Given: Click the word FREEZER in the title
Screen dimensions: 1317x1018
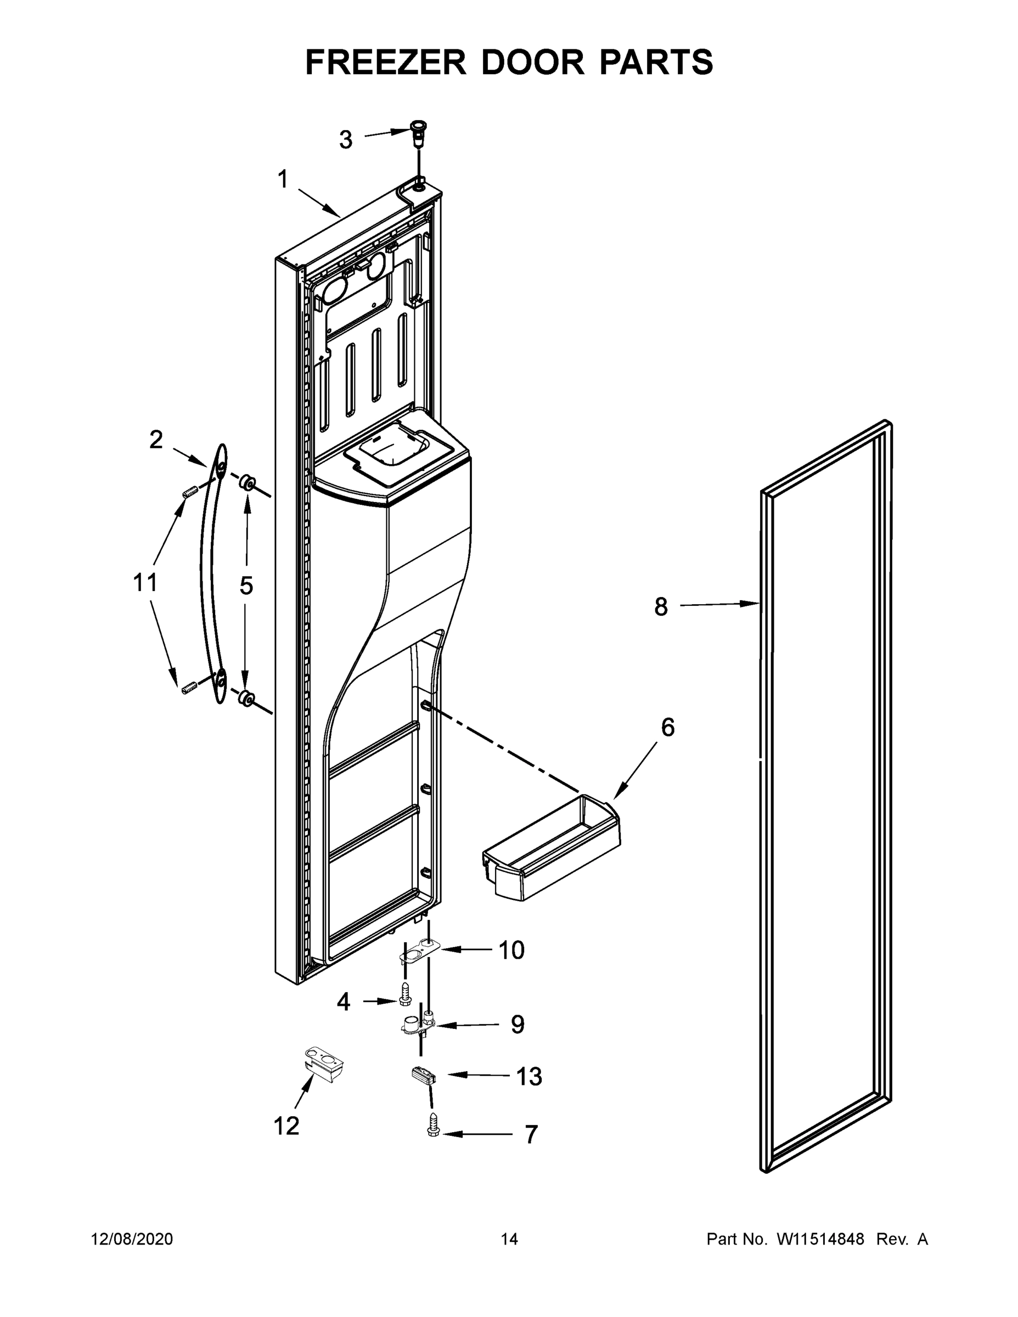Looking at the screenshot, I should [385, 62].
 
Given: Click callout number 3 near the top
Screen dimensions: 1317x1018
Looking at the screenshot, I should [345, 140].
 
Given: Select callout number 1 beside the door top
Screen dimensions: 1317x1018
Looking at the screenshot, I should [283, 179].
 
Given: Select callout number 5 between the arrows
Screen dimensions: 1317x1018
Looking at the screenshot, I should [246, 585].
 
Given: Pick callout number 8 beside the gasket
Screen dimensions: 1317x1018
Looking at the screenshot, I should [661, 606].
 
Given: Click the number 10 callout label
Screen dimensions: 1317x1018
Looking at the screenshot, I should [511, 950].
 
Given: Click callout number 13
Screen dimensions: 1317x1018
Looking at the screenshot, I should [529, 1076].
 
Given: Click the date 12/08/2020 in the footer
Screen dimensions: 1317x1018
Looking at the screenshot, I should [132, 1239].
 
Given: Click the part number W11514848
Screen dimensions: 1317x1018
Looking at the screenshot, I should [820, 1239].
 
